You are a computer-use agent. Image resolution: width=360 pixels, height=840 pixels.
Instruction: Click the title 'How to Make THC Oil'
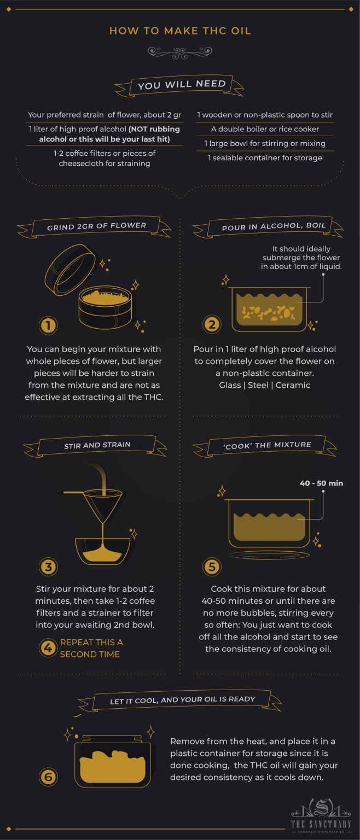pos(180,31)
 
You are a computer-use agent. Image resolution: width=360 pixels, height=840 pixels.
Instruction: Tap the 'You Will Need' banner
pos(179,85)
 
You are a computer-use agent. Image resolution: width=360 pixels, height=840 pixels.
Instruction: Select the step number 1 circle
pos(48,325)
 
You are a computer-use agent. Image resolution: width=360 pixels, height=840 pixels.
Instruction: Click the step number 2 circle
pos(212,324)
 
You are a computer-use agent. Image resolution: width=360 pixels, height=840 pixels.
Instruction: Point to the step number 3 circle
pos(48,567)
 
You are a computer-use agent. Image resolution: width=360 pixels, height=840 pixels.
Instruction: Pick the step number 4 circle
pos(48,647)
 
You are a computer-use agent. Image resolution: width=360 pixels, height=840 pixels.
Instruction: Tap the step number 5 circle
pos(212,567)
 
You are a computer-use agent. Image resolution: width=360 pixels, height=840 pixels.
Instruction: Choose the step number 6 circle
pos(48,777)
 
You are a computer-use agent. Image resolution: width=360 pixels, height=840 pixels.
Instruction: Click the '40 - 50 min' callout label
pos(321,483)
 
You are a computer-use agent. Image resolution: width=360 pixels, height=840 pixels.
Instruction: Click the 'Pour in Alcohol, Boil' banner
pos(268,226)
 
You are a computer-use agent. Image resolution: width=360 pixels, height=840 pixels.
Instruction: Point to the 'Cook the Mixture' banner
pos(265,446)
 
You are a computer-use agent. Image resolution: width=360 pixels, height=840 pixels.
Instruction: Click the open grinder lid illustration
pos(71,270)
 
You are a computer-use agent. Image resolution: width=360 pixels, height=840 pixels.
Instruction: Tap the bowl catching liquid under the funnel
pos(103,551)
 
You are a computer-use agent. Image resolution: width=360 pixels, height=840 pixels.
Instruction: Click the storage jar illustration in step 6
pos(113,761)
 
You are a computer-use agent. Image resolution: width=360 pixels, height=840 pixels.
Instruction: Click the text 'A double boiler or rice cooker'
pos(265,129)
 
